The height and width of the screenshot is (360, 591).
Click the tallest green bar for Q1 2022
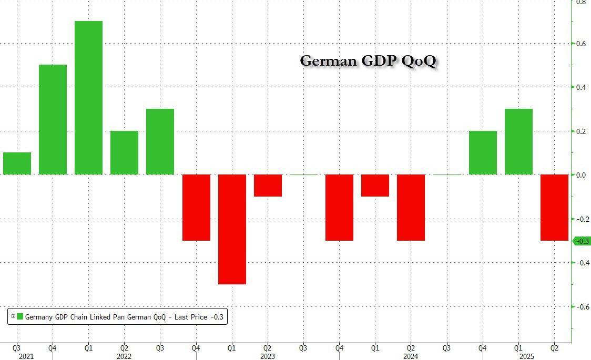(88, 98)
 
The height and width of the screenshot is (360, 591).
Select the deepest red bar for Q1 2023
(232, 229)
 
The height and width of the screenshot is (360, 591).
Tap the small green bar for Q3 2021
(17, 163)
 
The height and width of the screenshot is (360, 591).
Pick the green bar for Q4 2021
(53, 119)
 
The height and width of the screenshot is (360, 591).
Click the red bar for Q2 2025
(554, 208)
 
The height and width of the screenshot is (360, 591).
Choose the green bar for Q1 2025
(518, 141)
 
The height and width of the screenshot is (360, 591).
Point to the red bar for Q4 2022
(196, 208)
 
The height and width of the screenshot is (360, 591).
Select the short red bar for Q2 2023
(268, 186)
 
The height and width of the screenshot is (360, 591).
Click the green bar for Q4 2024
(483, 152)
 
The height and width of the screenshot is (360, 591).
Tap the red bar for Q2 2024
(411, 208)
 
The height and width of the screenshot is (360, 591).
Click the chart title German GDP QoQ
(368, 61)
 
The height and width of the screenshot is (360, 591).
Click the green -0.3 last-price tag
(581, 241)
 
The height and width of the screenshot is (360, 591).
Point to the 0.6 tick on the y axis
(580, 43)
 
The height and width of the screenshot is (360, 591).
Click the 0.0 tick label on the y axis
(580, 175)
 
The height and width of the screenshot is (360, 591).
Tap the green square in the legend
(20, 316)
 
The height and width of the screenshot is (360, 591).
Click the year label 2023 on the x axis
(268, 356)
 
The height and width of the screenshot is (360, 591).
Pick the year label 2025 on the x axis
(526, 356)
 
